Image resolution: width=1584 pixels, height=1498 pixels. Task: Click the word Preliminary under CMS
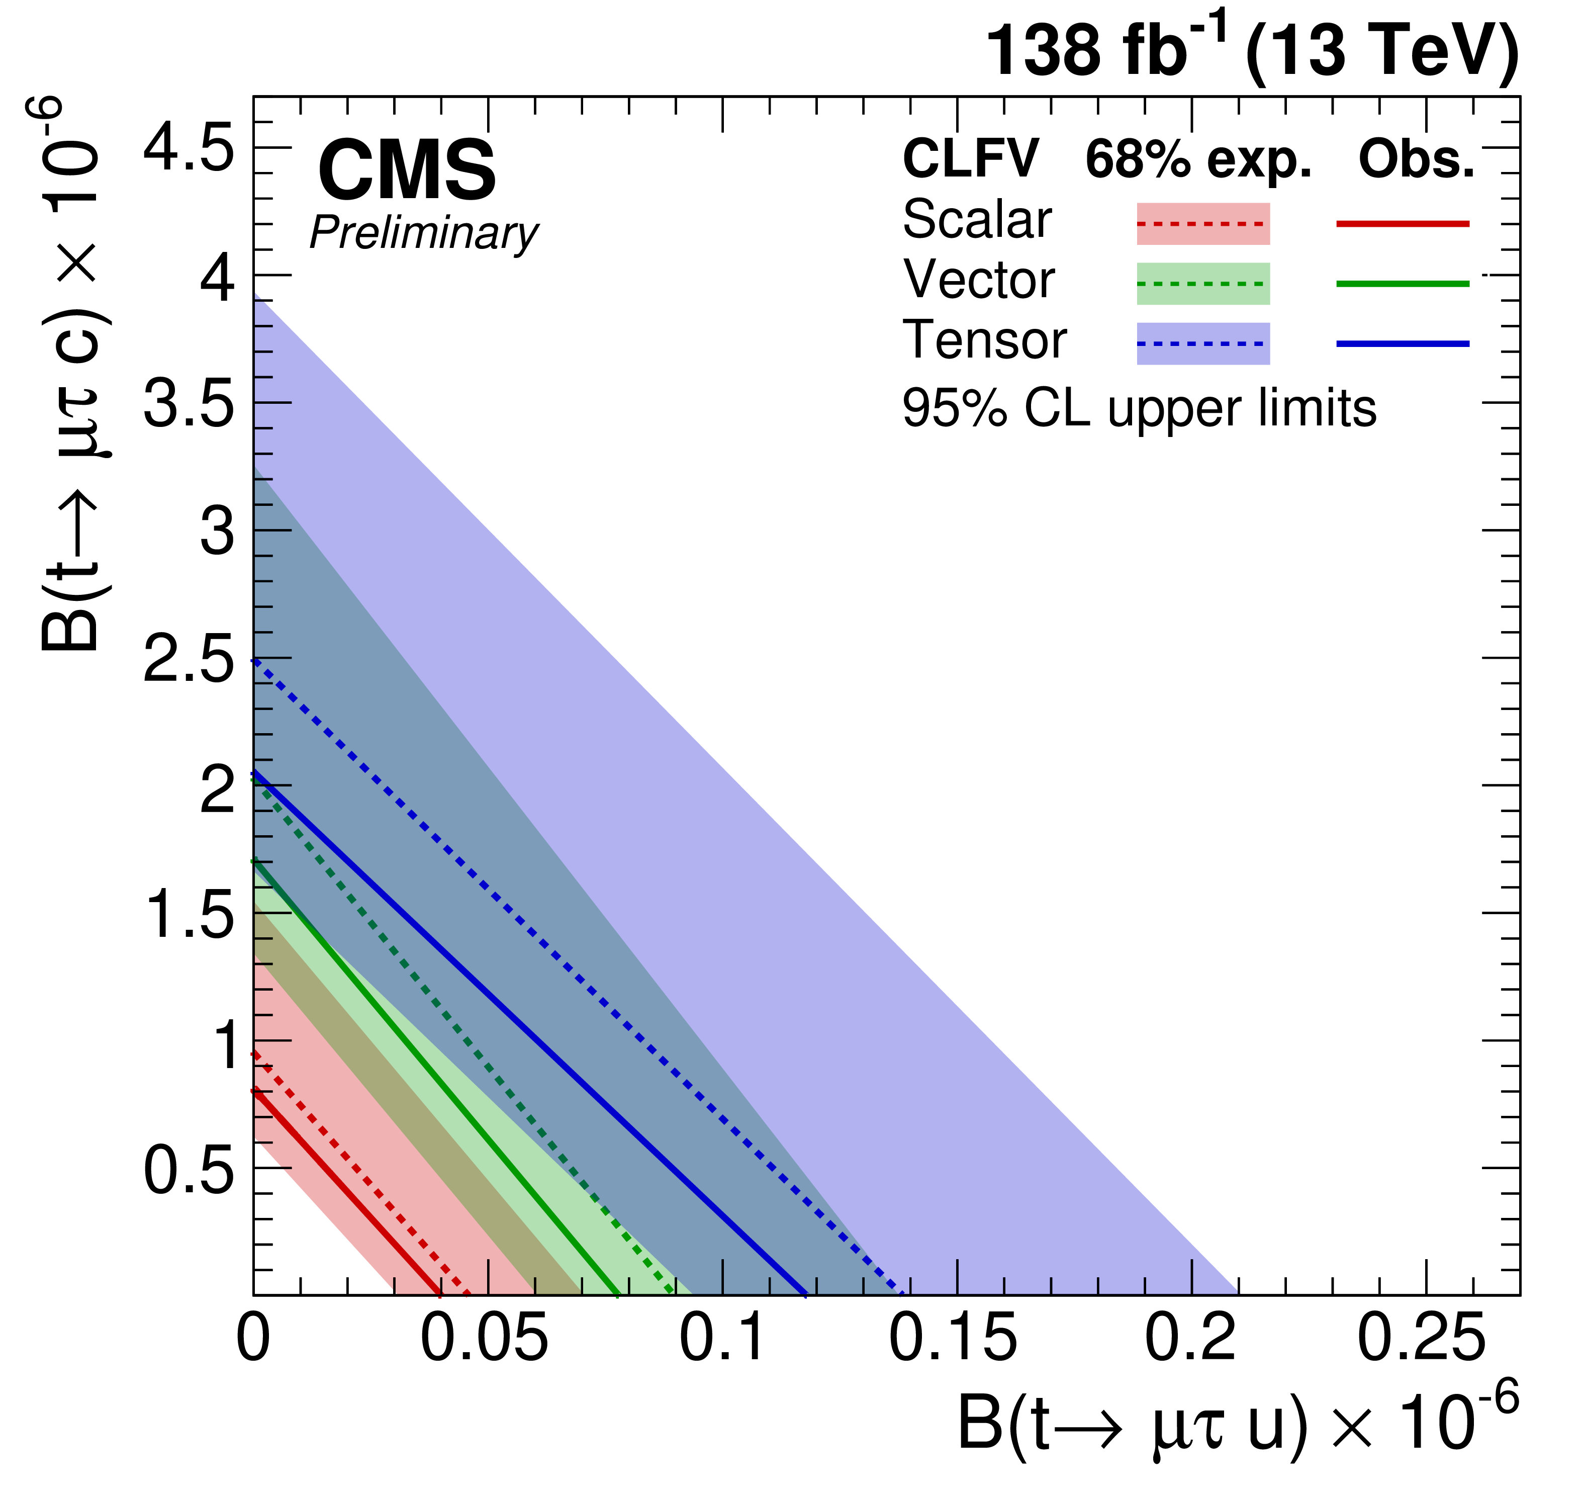pos(424,234)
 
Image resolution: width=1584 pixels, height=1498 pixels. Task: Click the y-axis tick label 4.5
pos(189,148)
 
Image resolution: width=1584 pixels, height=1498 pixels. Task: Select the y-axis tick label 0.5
pos(189,1172)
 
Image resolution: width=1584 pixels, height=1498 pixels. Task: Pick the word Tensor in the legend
pos(984,341)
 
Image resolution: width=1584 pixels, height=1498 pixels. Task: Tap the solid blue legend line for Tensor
pos(1403,343)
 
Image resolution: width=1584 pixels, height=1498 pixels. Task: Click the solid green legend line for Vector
pos(1403,284)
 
